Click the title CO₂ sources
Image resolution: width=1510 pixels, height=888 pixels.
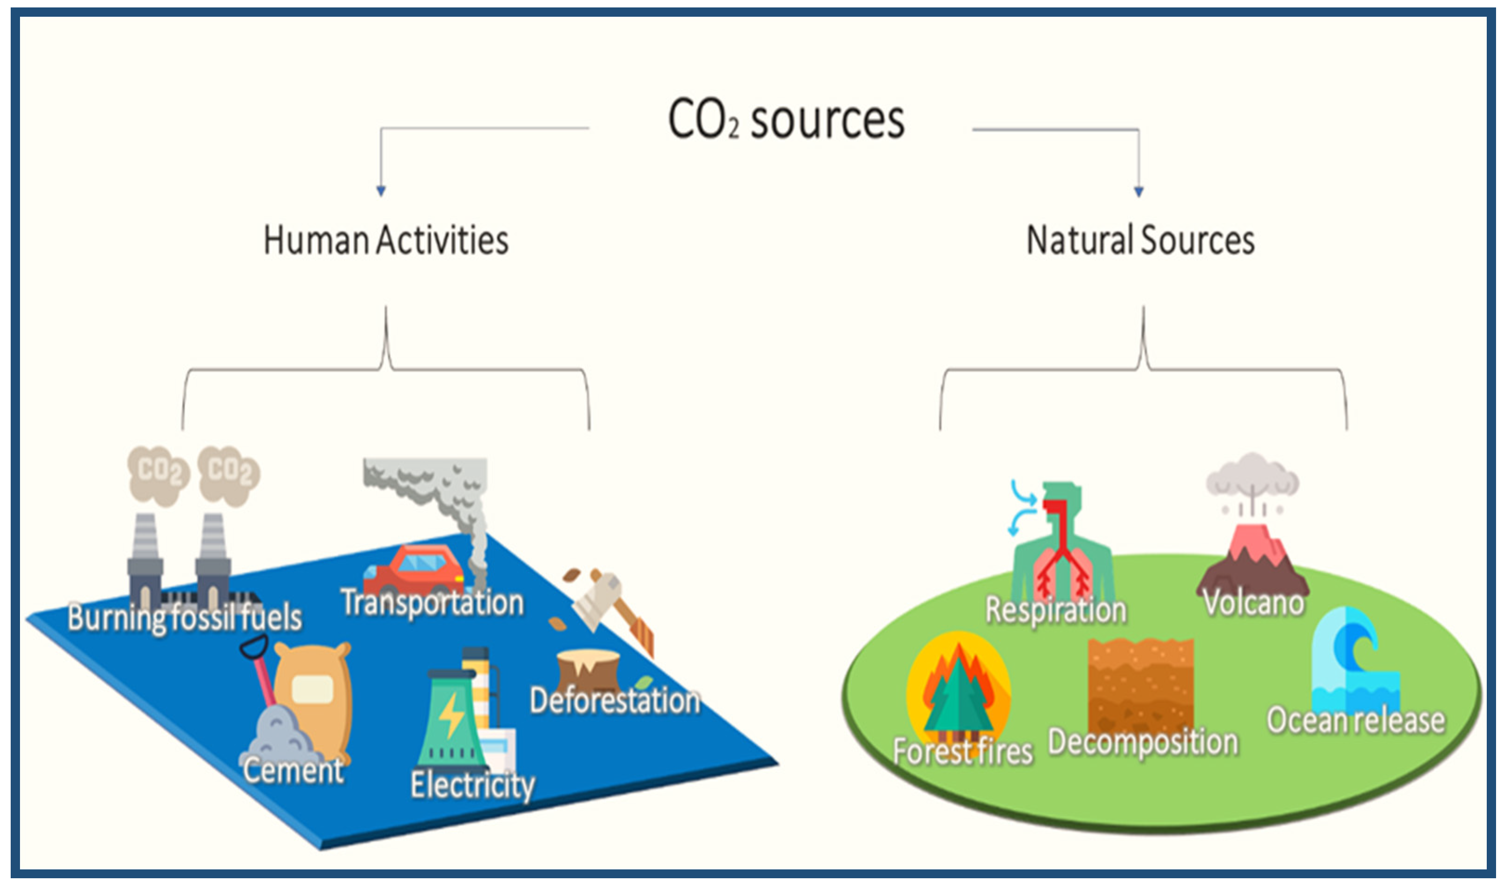point(786,120)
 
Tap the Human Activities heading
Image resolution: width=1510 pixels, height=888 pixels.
point(386,240)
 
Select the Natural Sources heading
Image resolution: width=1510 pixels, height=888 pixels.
point(1140,240)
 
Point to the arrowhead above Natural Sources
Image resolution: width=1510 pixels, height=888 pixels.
point(1139,191)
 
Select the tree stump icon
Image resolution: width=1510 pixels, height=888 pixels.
point(588,670)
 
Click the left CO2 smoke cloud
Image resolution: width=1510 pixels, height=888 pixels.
point(158,474)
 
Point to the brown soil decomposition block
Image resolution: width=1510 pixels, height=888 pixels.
point(1140,683)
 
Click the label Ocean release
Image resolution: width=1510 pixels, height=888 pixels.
point(1355,721)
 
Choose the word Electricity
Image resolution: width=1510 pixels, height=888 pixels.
point(472,784)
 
